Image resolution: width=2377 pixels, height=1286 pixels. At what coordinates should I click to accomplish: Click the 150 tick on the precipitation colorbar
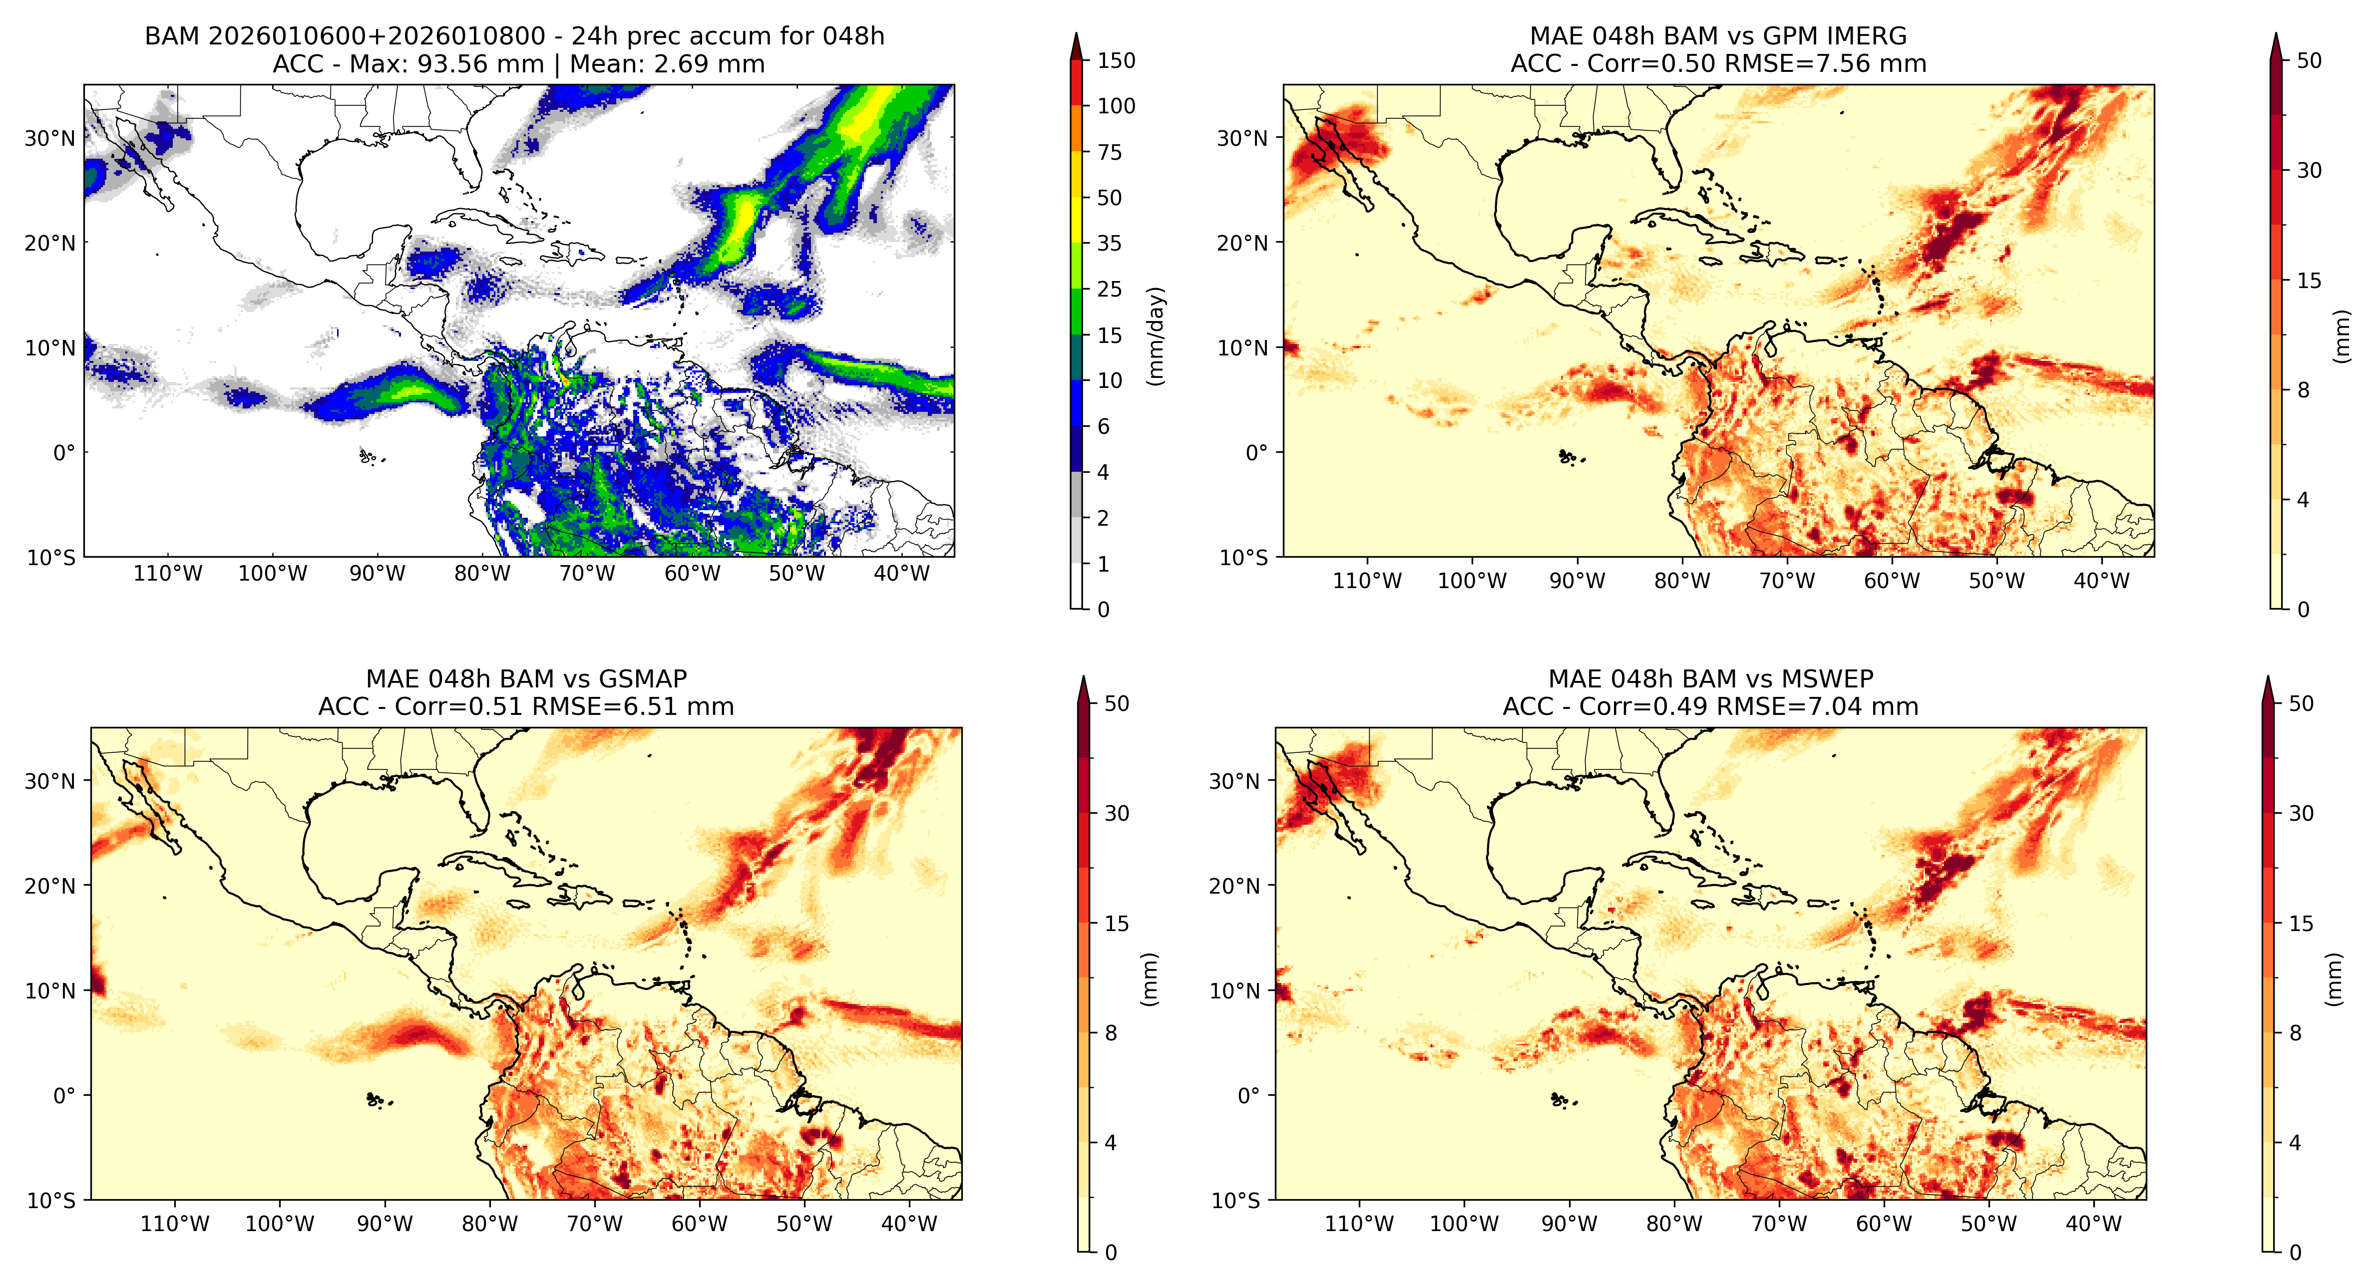click(1116, 61)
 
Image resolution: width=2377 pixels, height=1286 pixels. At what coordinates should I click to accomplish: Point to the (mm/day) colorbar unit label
click(1155, 336)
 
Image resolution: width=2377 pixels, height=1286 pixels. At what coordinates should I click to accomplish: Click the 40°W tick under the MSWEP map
click(2093, 1224)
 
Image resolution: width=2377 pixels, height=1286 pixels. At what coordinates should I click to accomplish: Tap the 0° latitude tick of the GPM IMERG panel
click(1257, 453)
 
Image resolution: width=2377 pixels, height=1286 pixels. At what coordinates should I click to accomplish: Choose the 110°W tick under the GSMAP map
click(174, 1224)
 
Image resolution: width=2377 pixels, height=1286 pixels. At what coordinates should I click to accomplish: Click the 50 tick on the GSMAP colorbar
click(1117, 704)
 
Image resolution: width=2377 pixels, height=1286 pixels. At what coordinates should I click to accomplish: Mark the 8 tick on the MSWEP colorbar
click(2295, 1033)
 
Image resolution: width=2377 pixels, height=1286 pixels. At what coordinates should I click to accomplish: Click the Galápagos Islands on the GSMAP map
click(376, 1100)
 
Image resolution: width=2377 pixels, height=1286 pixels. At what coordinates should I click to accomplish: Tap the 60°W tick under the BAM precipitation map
click(692, 574)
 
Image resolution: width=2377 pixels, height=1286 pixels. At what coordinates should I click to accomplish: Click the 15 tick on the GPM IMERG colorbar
click(2309, 281)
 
